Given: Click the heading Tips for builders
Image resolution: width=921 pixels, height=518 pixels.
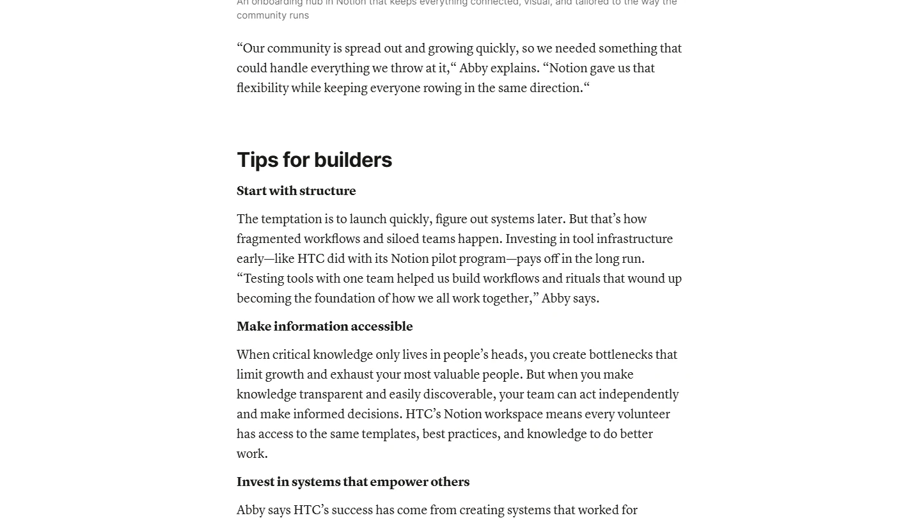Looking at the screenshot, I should pyautogui.click(x=314, y=160).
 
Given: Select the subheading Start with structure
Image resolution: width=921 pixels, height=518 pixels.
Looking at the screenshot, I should pyautogui.click(x=296, y=191).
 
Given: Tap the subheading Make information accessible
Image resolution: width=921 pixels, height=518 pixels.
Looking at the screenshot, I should pyautogui.click(x=324, y=327).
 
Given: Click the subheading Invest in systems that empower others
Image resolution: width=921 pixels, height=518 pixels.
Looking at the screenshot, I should pyautogui.click(x=353, y=482).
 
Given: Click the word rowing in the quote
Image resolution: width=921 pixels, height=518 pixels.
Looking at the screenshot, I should pyautogui.click(x=439, y=88).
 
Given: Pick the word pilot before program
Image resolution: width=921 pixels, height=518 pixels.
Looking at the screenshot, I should pyautogui.click(x=443, y=259).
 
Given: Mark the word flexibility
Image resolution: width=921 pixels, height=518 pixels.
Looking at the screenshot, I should pyautogui.click(x=262, y=88).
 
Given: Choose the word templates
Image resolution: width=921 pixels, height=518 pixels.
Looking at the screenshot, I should pyautogui.click(x=390, y=434).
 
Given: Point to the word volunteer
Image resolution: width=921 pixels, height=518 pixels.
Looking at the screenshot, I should pyautogui.click(x=645, y=414).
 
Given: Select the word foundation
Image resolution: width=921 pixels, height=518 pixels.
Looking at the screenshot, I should pyautogui.click(x=345, y=299).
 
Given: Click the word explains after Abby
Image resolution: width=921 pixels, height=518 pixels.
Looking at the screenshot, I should pyautogui.click(x=515, y=68).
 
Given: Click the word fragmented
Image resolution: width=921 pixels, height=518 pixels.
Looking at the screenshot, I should pyautogui.click(x=268, y=239).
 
